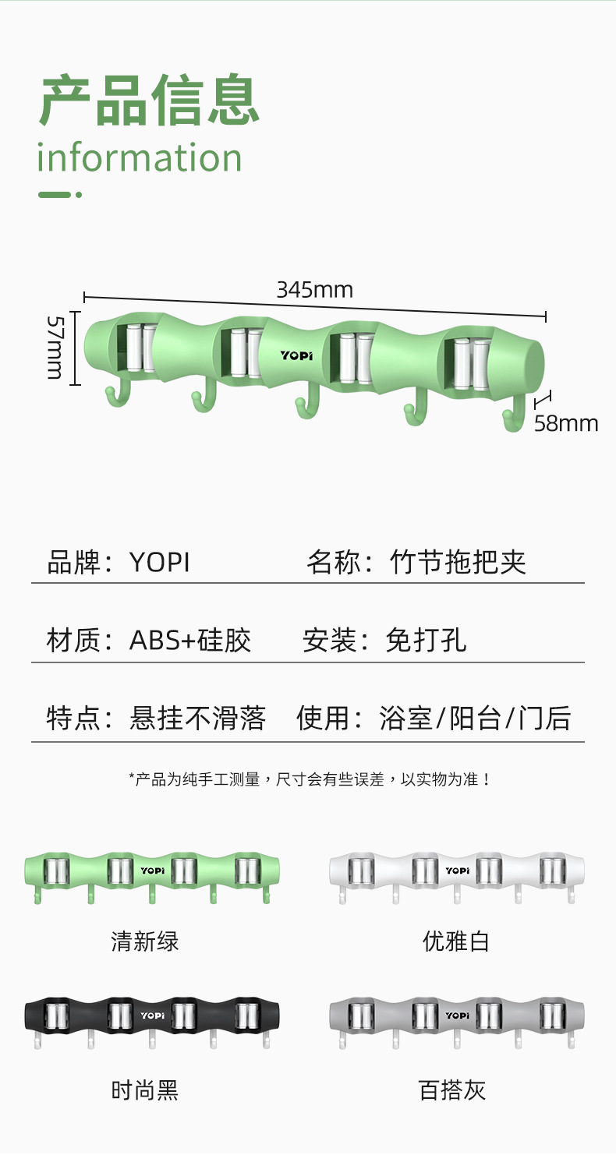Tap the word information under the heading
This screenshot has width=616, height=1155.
[140, 158]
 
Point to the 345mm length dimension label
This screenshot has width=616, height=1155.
[314, 290]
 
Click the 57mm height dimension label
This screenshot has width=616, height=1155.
[55, 347]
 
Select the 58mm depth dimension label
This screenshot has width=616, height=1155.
[566, 423]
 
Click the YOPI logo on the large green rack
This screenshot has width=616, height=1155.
[296, 355]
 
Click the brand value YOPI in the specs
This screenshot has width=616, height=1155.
[160, 562]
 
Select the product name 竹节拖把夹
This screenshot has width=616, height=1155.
[458, 562]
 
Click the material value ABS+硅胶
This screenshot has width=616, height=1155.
[190, 641]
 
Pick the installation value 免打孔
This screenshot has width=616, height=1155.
[426, 641]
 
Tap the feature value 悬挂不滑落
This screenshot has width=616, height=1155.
[197, 718]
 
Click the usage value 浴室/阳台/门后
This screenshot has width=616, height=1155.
[475, 718]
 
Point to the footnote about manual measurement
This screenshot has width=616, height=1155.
[310, 779]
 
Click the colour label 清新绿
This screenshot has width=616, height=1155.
[145, 941]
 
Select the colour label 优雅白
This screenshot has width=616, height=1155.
[456, 941]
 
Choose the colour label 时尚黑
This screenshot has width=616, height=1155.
[145, 1090]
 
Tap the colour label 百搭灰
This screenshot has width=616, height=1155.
[453, 1090]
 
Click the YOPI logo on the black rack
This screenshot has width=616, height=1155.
[152, 1015]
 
